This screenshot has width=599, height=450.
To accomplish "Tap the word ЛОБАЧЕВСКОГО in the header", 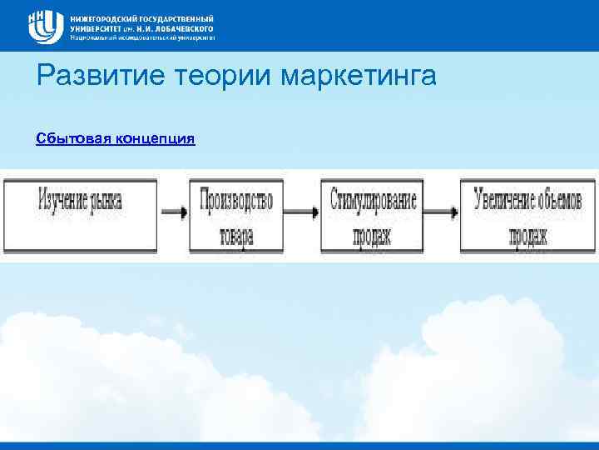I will (183, 27).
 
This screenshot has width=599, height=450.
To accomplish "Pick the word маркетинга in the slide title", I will (359, 77).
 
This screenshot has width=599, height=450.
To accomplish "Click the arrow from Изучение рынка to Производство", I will (174, 212).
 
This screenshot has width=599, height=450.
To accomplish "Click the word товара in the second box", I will (236, 236).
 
